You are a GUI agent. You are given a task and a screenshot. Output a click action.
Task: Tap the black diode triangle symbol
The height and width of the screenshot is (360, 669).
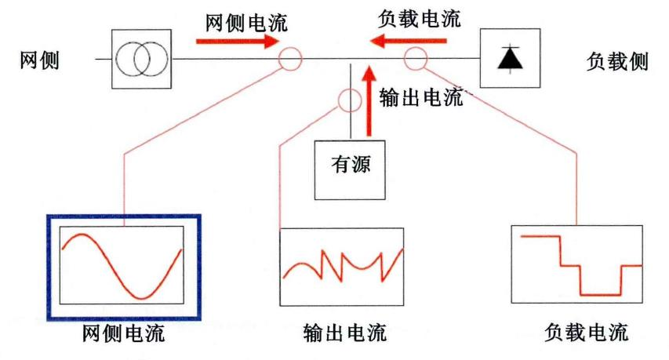pos(511,58)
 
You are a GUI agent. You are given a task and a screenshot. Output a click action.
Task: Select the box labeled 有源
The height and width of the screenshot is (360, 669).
pos(350,170)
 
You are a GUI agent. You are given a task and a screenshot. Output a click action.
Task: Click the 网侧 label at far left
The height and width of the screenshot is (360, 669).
pos(39,60)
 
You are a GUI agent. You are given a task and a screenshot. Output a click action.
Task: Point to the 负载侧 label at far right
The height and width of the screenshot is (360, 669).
pos(617,61)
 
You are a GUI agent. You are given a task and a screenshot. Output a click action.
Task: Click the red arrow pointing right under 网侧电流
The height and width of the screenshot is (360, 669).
pos(237,42)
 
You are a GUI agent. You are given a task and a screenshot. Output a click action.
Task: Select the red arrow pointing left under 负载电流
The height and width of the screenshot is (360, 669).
pos(409,42)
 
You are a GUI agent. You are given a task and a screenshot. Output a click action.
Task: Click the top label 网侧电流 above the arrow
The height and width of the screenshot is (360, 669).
pos(246,23)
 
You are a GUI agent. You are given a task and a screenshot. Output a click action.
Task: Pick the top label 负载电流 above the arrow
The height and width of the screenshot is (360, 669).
pos(420,19)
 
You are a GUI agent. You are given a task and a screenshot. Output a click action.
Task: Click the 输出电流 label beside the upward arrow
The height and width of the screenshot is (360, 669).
pos(421,98)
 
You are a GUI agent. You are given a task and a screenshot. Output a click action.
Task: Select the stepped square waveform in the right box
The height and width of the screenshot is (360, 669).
pos(580,266)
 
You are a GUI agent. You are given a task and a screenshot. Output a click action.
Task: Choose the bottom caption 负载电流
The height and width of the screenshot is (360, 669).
pos(587,333)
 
